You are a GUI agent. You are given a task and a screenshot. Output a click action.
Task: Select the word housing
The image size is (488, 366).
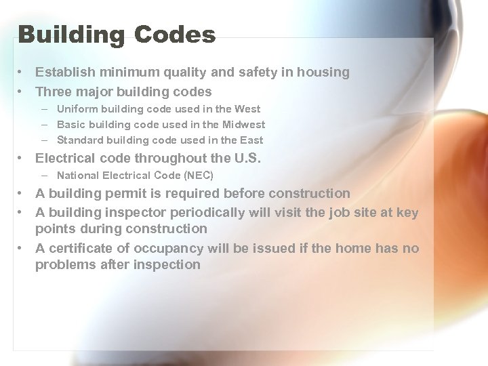coord(323,72)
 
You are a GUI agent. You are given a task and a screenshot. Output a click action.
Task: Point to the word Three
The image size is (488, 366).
coord(52,91)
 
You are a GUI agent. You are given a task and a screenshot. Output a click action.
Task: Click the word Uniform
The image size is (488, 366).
coord(76,108)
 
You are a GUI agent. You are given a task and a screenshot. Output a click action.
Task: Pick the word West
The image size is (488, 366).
coord(247,108)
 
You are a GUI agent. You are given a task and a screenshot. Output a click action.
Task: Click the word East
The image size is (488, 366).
coord(251,140)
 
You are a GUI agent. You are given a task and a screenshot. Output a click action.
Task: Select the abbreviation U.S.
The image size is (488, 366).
coord(247,159)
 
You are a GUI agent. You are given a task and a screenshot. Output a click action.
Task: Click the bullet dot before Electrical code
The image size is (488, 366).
coord(22,159)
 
